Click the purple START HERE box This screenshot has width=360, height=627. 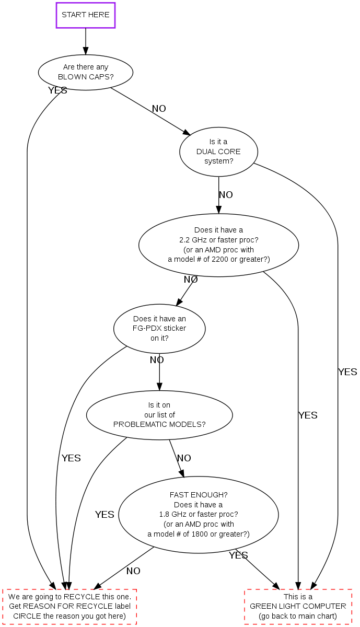[x=85, y=15]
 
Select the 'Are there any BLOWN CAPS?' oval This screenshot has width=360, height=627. [x=85, y=72]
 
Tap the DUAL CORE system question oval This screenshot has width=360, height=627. [x=218, y=152]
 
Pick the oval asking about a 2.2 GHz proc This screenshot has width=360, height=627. [x=218, y=245]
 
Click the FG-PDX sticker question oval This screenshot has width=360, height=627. [x=159, y=328]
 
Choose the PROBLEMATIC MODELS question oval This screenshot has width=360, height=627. [x=159, y=415]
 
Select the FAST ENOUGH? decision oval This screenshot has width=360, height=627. [x=199, y=514]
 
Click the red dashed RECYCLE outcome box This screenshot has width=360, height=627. [x=69, y=607]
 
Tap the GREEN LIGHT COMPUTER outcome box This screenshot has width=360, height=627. [x=298, y=607]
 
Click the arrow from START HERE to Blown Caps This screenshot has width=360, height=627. [x=85, y=41]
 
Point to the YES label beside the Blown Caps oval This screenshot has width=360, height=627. [x=57, y=90]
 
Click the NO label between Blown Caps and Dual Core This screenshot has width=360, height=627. [x=159, y=109]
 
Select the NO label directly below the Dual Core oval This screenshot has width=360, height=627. [x=226, y=195]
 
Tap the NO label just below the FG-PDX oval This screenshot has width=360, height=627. [x=157, y=360]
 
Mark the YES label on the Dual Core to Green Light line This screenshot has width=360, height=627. [x=347, y=372]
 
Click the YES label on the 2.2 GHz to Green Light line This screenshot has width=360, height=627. [x=308, y=415]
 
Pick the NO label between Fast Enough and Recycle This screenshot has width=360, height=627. [x=133, y=571]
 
